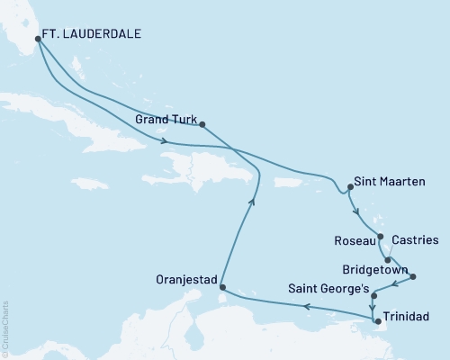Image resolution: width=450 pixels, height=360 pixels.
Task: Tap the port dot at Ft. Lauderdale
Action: point(37,39)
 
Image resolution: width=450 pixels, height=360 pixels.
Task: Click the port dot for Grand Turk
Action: point(202,125)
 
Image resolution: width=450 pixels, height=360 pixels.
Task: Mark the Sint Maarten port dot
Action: point(349,188)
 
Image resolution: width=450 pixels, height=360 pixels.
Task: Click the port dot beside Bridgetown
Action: point(413,276)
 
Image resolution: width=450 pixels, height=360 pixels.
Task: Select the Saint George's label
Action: point(327,290)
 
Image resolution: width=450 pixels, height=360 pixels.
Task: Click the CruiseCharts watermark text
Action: point(4,328)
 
